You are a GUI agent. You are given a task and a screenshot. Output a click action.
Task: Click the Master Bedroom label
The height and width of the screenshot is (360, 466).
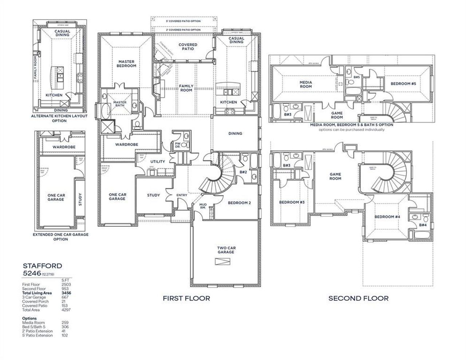pyautogui.click(x=126, y=64)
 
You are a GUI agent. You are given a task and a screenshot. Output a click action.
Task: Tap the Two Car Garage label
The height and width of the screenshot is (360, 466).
pyautogui.click(x=226, y=250)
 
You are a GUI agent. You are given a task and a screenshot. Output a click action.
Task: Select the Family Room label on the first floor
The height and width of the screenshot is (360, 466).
pyautogui.click(x=186, y=88)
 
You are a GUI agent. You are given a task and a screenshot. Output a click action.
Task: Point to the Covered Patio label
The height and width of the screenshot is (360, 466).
pyautogui.click(x=188, y=47)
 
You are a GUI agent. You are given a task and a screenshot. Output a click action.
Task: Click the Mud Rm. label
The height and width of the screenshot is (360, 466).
pyautogui.click(x=203, y=206)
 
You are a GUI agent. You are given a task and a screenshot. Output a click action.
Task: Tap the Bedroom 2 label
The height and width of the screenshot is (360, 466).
pyautogui.click(x=239, y=203)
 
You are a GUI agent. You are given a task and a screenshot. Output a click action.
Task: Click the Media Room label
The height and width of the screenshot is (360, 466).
pyautogui.click(x=305, y=84)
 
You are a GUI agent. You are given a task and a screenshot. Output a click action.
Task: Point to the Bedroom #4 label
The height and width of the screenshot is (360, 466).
pyautogui.click(x=387, y=217)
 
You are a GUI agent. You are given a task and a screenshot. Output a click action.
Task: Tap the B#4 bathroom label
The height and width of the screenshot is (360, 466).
pyautogui.click(x=423, y=225)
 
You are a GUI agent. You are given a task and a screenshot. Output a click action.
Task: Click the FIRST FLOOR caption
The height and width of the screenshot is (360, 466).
pyautogui.click(x=186, y=298)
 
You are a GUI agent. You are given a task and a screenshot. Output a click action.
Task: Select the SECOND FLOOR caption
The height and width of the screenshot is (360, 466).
pyautogui.click(x=358, y=298)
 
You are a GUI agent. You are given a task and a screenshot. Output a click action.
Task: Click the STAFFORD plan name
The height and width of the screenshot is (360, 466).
pyautogui.click(x=37, y=266)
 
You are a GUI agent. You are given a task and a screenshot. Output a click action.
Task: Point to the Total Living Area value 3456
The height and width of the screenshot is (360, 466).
pyautogui.click(x=65, y=293)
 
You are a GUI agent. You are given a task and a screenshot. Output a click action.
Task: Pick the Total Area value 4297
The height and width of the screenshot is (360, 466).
pyautogui.click(x=66, y=310)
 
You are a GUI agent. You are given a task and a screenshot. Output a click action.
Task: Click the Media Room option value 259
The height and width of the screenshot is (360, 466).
pyautogui.click(x=65, y=323)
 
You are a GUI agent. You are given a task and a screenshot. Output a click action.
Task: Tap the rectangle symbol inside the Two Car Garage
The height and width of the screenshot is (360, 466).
pyautogui.click(x=222, y=262)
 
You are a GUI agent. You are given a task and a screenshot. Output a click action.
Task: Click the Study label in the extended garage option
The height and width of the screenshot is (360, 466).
pyautogui.click(x=80, y=199)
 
